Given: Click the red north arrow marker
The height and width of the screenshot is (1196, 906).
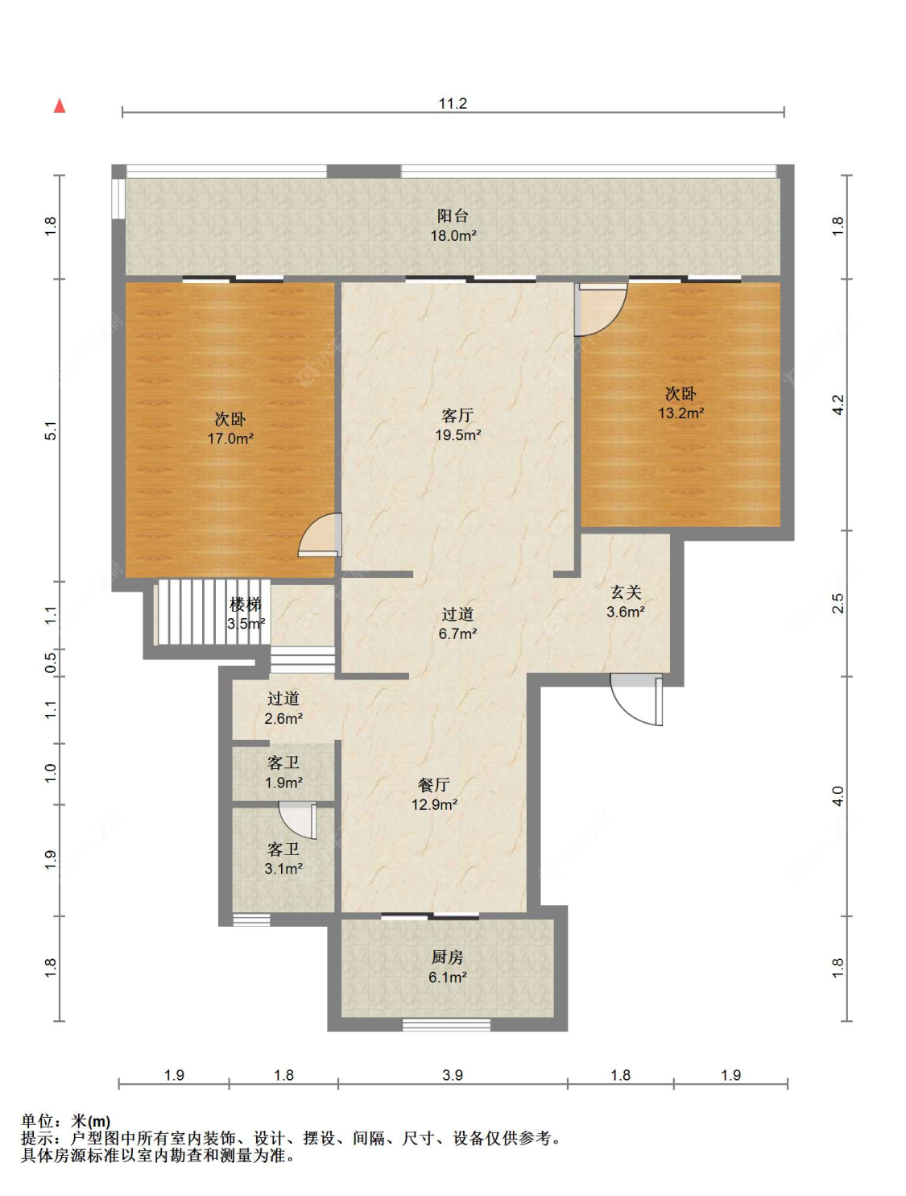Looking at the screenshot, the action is (60, 106).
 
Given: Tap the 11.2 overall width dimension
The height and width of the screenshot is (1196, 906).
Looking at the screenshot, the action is (453, 103).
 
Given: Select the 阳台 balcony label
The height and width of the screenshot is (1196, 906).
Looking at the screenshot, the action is (453, 216).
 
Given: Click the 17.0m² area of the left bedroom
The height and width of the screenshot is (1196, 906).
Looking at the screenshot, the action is (230, 438).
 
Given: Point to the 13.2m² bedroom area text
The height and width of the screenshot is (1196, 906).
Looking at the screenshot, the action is (681, 413).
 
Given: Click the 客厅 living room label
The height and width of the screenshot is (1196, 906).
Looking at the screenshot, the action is (457, 416).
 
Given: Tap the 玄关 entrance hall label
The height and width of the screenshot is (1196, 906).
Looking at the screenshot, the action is (626, 592).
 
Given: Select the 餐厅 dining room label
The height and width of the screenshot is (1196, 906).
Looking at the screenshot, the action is (434, 785).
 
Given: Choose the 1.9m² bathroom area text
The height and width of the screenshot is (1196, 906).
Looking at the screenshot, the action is (283, 783).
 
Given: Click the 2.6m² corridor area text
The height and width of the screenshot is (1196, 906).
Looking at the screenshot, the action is (283, 718).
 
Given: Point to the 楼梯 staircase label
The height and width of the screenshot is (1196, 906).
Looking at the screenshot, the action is (246, 604).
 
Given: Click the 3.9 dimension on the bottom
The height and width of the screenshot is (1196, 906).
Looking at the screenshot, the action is (453, 1075).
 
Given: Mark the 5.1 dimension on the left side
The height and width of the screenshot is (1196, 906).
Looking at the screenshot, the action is (51, 430).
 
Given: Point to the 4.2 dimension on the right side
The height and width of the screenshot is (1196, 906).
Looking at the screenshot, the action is (838, 405).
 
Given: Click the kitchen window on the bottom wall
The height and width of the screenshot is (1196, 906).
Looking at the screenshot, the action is (446, 1025).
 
